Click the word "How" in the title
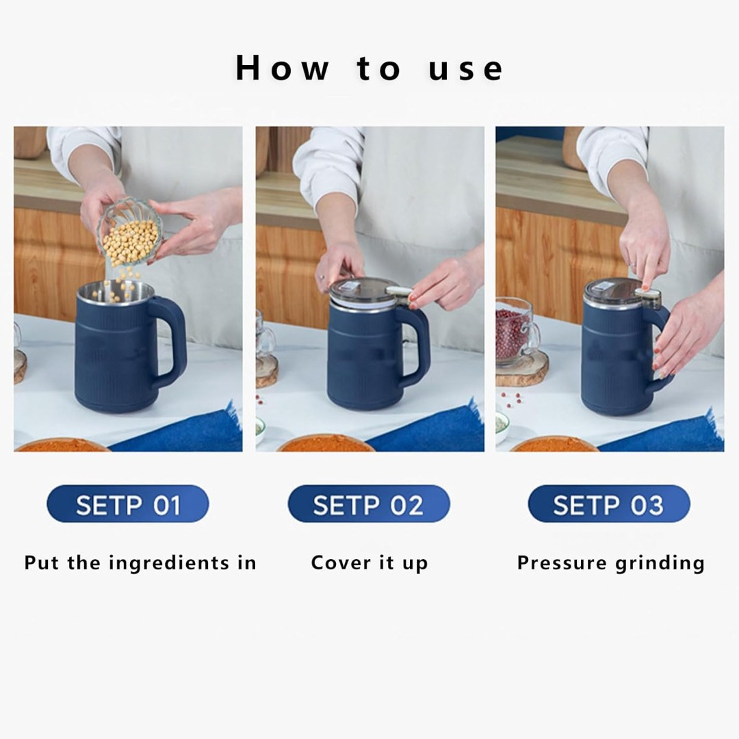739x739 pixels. pos(282,68)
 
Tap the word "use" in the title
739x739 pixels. pos(466,69)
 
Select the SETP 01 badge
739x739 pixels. pos(128,504)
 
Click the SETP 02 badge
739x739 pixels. pos(369,504)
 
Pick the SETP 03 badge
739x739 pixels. pos(609,504)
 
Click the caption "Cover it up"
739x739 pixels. pos(369,563)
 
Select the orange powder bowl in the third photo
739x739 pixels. pos(554,445)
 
